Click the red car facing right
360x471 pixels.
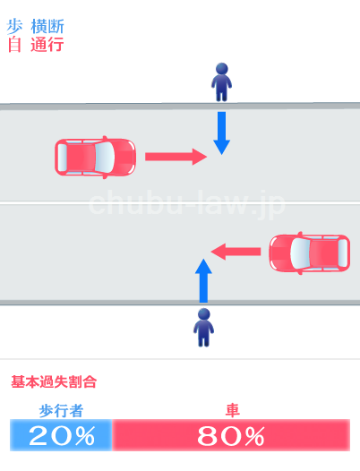(95, 157)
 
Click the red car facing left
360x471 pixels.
(310, 253)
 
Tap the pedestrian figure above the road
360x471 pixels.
(222, 82)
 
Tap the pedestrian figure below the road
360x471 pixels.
(204, 328)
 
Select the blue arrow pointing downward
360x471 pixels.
(222, 133)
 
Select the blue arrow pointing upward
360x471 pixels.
(203, 280)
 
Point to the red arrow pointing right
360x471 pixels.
(176, 157)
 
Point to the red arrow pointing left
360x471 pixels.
(236, 252)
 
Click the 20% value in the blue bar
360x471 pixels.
(62, 436)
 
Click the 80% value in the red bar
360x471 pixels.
(231, 436)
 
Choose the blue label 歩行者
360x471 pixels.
(61, 411)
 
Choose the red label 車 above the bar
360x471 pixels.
(232, 411)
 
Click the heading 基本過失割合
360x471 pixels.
(54, 382)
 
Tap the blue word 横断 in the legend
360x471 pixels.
(47, 27)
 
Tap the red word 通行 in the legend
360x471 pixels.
(47, 45)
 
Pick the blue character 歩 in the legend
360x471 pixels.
(14, 27)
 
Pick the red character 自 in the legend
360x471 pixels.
(14, 45)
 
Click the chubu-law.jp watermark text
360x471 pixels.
(186, 203)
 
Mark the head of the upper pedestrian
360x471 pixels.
(222, 68)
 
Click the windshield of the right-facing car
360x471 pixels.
(105, 157)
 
